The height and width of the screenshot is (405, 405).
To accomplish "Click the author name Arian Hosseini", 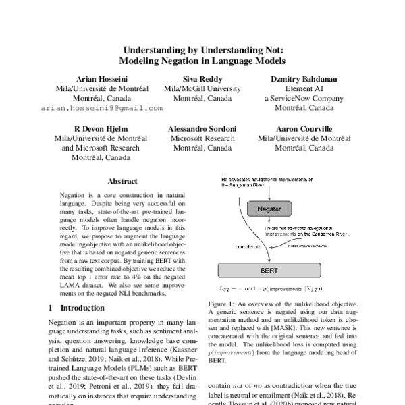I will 101,78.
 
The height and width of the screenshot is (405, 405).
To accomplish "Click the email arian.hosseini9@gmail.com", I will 101,108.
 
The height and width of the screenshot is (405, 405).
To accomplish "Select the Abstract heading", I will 123,182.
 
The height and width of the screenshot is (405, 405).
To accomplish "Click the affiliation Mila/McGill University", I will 202,88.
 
